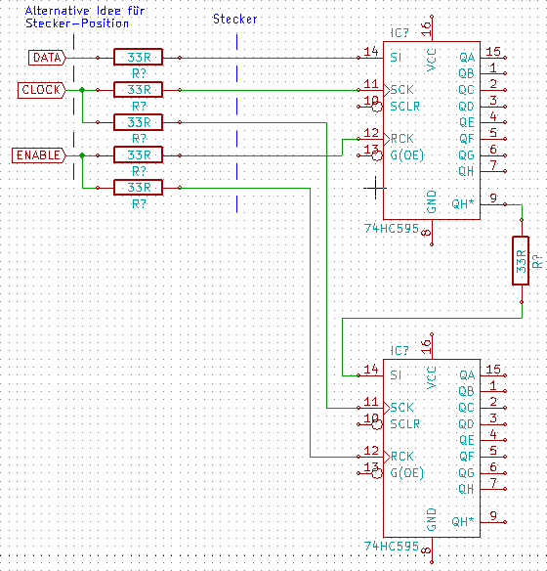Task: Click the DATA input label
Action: [47, 58]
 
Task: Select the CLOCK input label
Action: [41, 90]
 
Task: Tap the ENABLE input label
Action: [39, 155]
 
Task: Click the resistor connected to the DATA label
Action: [138, 58]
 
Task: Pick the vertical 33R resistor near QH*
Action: [521, 261]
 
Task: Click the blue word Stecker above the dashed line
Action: [235, 19]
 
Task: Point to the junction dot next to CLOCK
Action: [82, 90]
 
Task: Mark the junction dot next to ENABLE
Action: [82, 155]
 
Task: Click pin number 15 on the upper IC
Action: [493, 52]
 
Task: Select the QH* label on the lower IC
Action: [463, 522]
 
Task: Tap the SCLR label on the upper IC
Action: [404, 107]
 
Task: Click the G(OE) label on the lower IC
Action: [407, 473]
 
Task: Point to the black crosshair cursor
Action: [375, 188]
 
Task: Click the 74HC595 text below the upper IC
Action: [392, 229]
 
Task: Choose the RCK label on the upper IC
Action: [401, 139]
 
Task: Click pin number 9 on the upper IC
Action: [493, 198]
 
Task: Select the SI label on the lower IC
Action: [396, 375]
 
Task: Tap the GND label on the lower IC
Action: [431, 519]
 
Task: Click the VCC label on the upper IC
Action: [431, 60]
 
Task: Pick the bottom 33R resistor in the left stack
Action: [138, 188]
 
